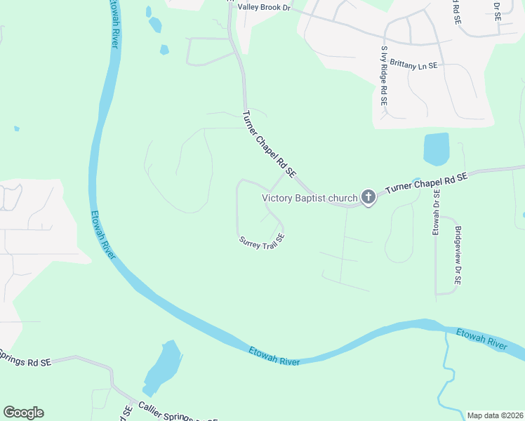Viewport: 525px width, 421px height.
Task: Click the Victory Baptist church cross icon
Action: click(368, 198)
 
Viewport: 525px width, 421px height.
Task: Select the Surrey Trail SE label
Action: click(262, 241)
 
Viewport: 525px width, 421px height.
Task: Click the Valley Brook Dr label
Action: click(263, 7)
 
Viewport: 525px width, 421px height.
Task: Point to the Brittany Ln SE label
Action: click(408, 65)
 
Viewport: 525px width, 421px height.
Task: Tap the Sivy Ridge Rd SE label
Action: click(384, 76)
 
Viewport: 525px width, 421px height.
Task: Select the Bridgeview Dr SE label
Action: click(457, 255)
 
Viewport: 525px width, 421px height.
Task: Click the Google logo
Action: click(23, 413)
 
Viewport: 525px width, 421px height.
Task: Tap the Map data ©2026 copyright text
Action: click(495, 415)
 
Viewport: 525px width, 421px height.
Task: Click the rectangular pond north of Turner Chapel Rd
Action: click(436, 149)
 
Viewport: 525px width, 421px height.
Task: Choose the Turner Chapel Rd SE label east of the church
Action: click(427, 185)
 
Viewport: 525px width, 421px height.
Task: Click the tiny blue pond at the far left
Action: click(17, 129)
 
